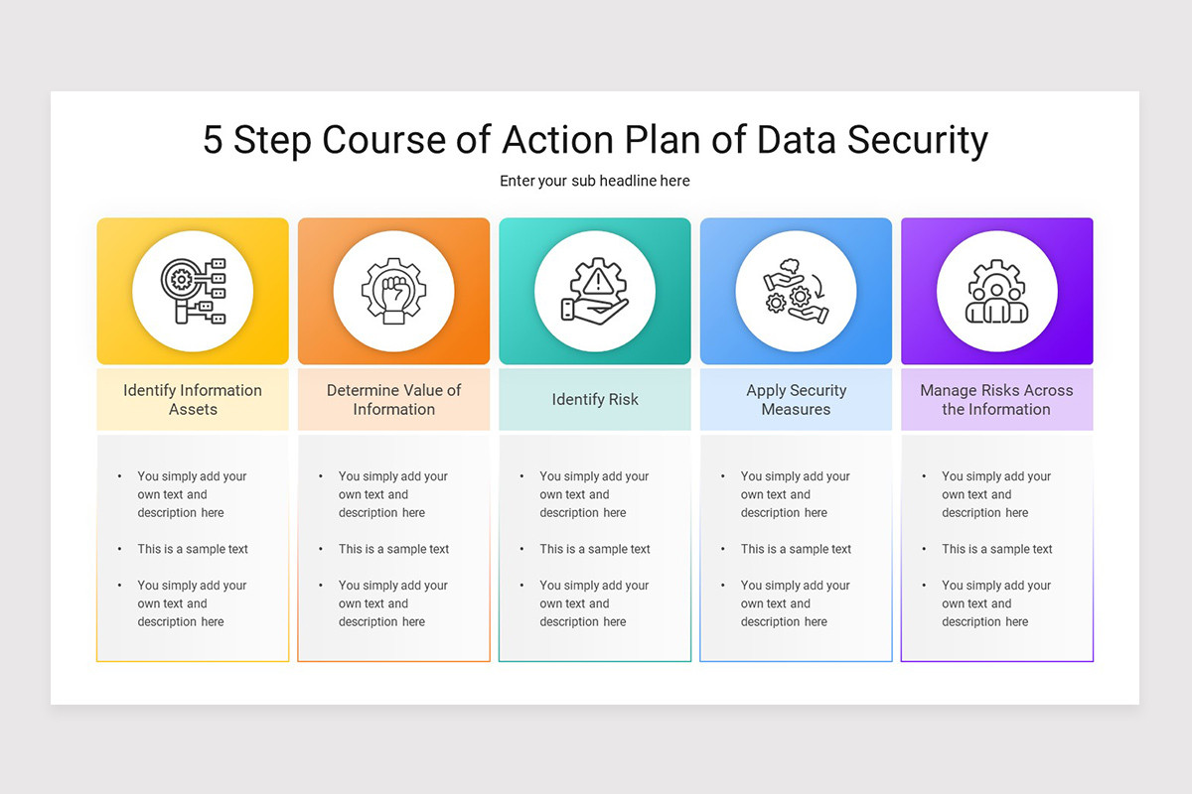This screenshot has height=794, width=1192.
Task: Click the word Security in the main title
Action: tap(917, 140)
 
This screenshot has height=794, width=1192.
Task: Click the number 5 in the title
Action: tap(213, 140)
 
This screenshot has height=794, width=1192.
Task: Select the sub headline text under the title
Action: tap(595, 181)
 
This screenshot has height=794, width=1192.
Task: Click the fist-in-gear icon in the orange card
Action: tap(394, 292)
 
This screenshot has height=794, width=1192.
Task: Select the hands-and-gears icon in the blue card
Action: tap(796, 292)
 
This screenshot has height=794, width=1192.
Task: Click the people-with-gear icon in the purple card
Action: tap(996, 292)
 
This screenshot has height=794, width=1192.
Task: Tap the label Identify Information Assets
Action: tap(193, 399)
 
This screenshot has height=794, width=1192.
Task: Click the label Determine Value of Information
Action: tap(394, 399)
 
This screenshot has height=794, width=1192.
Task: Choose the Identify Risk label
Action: tap(595, 399)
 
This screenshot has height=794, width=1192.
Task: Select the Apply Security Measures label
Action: tap(796, 399)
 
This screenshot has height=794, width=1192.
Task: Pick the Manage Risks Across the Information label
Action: tap(996, 399)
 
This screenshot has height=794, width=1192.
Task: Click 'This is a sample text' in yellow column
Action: tap(193, 549)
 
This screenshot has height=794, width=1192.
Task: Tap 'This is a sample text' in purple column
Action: tap(996, 549)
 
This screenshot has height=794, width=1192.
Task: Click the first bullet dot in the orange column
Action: tap(321, 476)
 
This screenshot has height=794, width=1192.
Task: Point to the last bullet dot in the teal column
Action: tap(522, 586)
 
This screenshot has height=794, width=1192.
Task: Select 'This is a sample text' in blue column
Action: tap(796, 549)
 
